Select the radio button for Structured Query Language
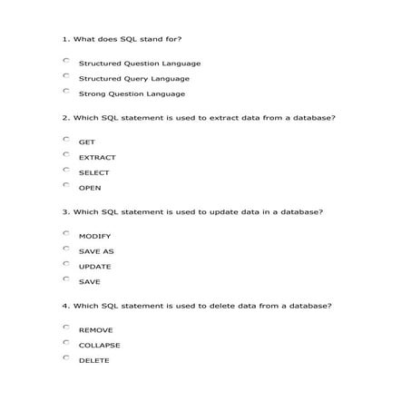pyautogui.click(x=66, y=76)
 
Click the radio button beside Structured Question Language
pyautogui.click(x=66, y=61)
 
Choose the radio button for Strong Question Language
pyautogui.click(x=66, y=92)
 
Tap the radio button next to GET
pyautogui.click(x=66, y=139)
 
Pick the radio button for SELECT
pyautogui.click(x=66, y=170)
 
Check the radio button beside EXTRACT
pyautogui.click(x=66, y=154)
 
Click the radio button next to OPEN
pyautogui.click(x=66, y=185)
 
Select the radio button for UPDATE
pyautogui.click(x=66, y=264)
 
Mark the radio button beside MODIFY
pyautogui.click(x=66, y=233)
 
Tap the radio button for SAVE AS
pyautogui.click(x=66, y=249)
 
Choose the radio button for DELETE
pyautogui.click(x=66, y=357)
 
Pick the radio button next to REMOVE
pyautogui.click(x=66, y=327)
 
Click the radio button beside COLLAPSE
pyautogui.click(x=66, y=342)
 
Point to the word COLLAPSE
pyautogui.click(x=99, y=345)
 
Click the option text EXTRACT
pyautogui.click(x=97, y=157)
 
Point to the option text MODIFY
pyautogui.click(x=94, y=236)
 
